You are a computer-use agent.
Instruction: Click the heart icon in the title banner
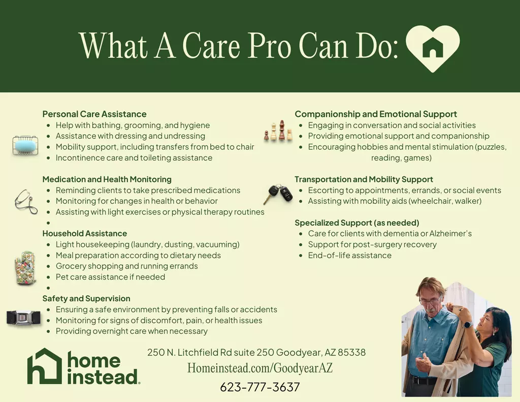pyautogui.click(x=433, y=49)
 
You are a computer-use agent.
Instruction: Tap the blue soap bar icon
pyautogui.click(x=25, y=145)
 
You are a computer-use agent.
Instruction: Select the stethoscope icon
pyautogui.click(x=26, y=201)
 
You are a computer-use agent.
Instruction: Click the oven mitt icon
pyautogui.click(x=25, y=267)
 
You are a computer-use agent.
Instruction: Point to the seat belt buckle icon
pyautogui.click(x=23, y=318)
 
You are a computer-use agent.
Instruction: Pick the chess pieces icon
pyautogui.click(x=279, y=131)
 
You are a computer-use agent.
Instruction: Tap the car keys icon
pyautogui.click(x=278, y=194)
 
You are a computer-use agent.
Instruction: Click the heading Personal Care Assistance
pyautogui.click(x=94, y=114)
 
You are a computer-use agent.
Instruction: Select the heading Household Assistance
pyautogui.click(x=85, y=233)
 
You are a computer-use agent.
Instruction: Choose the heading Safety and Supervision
pyautogui.click(x=86, y=298)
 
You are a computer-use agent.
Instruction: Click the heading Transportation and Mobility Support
pyautogui.click(x=364, y=179)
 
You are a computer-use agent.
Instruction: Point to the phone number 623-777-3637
pyautogui.click(x=260, y=387)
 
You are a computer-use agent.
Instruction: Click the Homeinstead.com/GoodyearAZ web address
pyautogui.click(x=260, y=368)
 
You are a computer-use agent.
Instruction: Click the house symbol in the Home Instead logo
pyautogui.click(x=45, y=366)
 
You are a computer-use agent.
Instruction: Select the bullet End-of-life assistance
pyautogui.click(x=349, y=255)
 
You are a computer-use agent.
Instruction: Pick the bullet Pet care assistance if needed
pyautogui.click(x=110, y=277)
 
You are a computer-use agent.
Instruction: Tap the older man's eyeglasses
pyautogui.click(x=431, y=300)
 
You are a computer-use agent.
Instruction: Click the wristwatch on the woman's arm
pyautogui.click(x=468, y=324)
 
